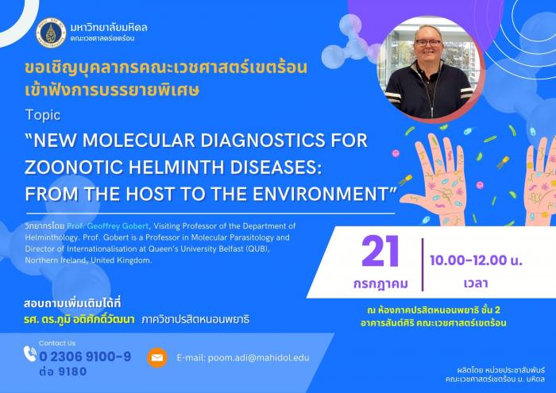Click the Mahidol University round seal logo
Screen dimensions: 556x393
coord(51,33)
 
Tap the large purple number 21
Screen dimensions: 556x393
coord(380,252)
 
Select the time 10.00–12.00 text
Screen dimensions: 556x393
coord(468,260)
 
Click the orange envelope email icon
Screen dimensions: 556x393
coord(157,358)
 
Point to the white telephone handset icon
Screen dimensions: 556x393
coord(30,353)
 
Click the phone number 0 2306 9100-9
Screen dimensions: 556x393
coord(85,356)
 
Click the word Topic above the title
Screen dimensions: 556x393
coord(43,115)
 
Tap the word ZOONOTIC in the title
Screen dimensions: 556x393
coord(74,168)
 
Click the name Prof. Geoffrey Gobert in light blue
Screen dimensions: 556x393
coord(108,226)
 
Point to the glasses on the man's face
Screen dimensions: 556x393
coord(428,43)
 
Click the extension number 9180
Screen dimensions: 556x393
coord(72,372)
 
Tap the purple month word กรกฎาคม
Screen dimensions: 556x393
coord(380,284)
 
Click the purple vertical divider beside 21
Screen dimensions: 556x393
coord(423,264)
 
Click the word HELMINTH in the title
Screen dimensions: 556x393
coord(177,168)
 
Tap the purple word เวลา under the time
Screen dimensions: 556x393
coord(476,283)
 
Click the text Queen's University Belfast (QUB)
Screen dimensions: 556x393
coord(209,249)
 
